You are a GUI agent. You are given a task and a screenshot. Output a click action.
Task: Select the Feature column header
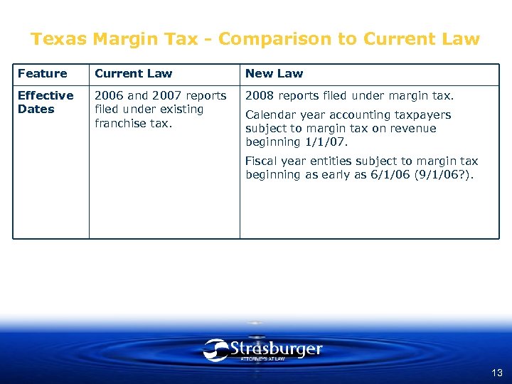point(42,73)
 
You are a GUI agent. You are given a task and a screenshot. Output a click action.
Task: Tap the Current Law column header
point(133,73)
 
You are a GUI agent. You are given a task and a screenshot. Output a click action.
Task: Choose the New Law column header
point(274,73)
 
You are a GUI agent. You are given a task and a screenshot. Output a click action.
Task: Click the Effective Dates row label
point(45,102)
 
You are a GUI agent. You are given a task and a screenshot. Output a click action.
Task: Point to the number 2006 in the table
point(109,95)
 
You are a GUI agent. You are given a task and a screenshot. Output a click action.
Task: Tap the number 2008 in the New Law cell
point(260,95)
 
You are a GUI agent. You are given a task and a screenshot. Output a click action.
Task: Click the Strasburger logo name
point(277,348)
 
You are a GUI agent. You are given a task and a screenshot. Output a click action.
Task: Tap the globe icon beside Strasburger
point(215,350)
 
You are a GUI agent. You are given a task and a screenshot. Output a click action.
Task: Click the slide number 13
point(496,373)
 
